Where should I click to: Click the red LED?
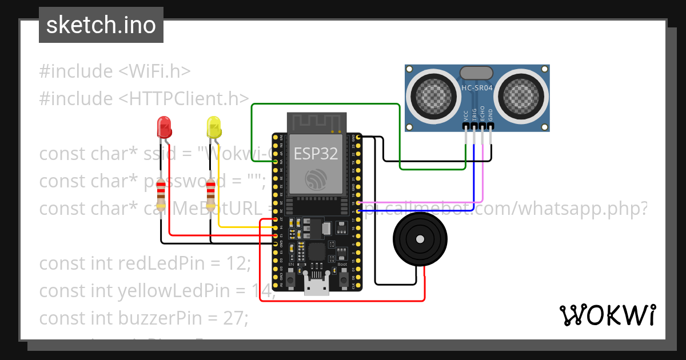tap(164, 127)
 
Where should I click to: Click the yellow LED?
tap(214, 127)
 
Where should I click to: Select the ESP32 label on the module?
tap(315, 153)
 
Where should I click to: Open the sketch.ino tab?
tap(101, 25)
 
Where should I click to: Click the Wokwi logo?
tap(607, 315)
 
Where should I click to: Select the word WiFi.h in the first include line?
tap(154, 71)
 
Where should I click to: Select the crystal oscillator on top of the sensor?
tap(476, 73)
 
